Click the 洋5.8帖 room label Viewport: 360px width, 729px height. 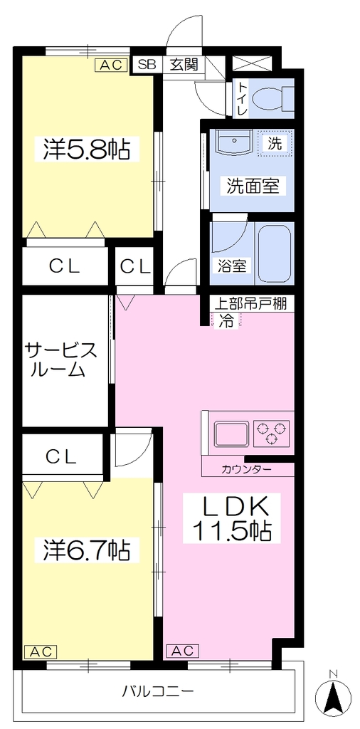[87, 148]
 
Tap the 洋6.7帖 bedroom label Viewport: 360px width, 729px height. [87, 550]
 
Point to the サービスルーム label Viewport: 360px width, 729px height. [61, 359]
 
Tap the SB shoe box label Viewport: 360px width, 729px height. [147, 65]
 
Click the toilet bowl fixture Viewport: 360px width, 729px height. [271, 98]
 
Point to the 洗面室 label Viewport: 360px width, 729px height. [253, 186]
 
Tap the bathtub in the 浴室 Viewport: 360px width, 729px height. [275, 254]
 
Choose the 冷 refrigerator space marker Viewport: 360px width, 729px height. [226, 320]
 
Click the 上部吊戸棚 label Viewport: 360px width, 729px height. [250, 303]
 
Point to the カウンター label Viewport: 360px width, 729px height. [247, 469]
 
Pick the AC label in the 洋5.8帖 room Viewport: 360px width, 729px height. [112, 65]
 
